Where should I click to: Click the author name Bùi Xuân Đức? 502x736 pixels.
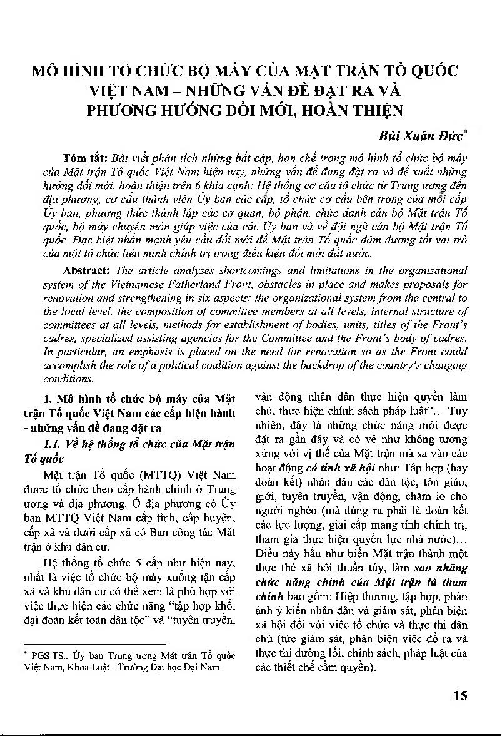pyautogui.click(x=423, y=136)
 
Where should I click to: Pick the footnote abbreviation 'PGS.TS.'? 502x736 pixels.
pyautogui.click(x=44, y=656)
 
